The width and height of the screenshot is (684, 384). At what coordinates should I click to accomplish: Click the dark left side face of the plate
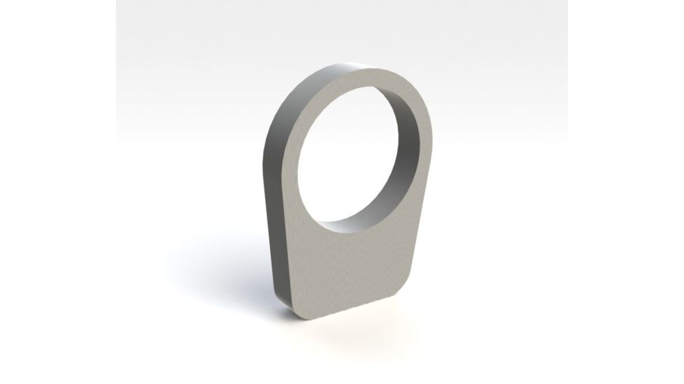point(275,209)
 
